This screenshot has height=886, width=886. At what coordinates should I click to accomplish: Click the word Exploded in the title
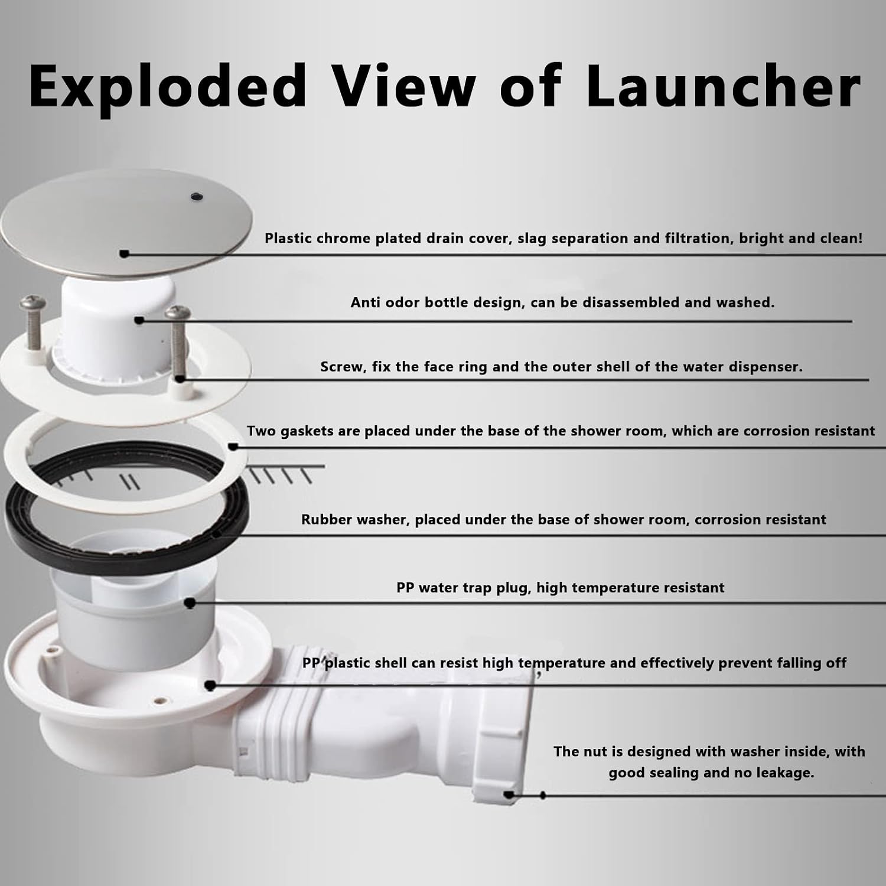tap(168, 86)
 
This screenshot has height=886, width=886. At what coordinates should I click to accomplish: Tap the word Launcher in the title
tap(723, 86)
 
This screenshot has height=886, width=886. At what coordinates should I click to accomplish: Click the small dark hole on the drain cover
tap(196, 194)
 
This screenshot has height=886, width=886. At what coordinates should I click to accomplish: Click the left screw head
tap(30, 304)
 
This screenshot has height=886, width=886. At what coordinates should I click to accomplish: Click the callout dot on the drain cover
tap(124, 253)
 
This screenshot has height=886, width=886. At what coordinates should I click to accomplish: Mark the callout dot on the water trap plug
tap(190, 603)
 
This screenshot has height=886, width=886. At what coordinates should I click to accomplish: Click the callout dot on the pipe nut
tap(509, 794)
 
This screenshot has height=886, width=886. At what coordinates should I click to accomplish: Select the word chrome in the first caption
tap(345, 239)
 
